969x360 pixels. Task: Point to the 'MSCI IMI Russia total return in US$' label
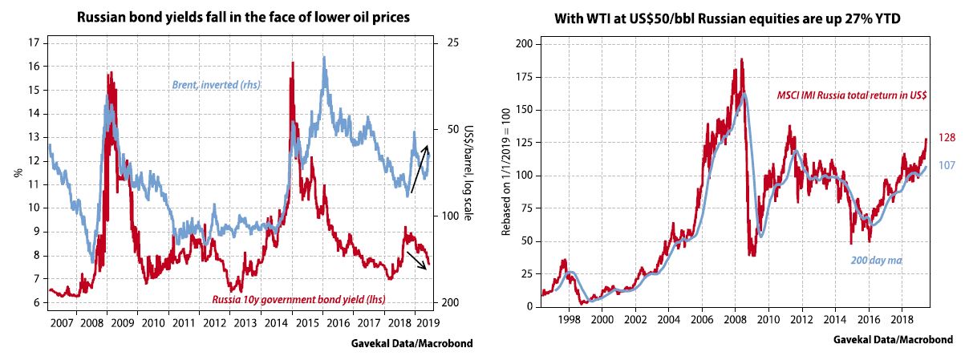[852, 95]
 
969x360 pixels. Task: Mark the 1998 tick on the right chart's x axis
[569, 318]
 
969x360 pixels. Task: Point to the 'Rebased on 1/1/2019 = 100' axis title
[506, 174]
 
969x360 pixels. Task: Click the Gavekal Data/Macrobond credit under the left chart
[412, 343]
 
